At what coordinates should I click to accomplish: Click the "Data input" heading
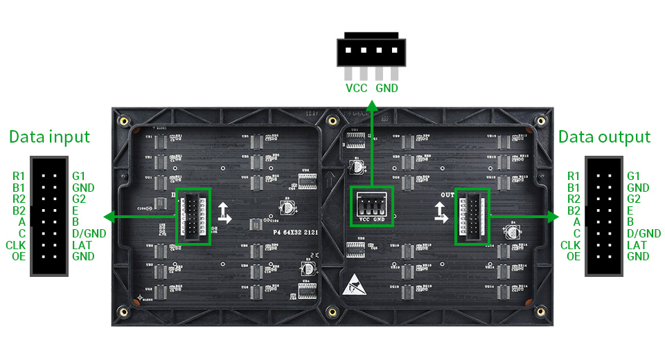(x=49, y=136)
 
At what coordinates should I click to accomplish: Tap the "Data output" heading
(x=605, y=136)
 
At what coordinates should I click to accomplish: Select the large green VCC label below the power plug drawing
(x=357, y=88)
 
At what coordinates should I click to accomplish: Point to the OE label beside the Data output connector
(x=573, y=256)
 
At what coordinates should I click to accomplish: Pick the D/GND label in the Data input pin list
(x=89, y=233)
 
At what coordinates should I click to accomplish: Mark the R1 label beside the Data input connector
(x=19, y=177)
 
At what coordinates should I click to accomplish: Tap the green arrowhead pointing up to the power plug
(x=372, y=105)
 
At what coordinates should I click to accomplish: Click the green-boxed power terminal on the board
(x=372, y=206)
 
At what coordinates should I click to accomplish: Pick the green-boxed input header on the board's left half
(x=193, y=217)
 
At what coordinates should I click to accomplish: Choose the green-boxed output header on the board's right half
(x=472, y=217)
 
